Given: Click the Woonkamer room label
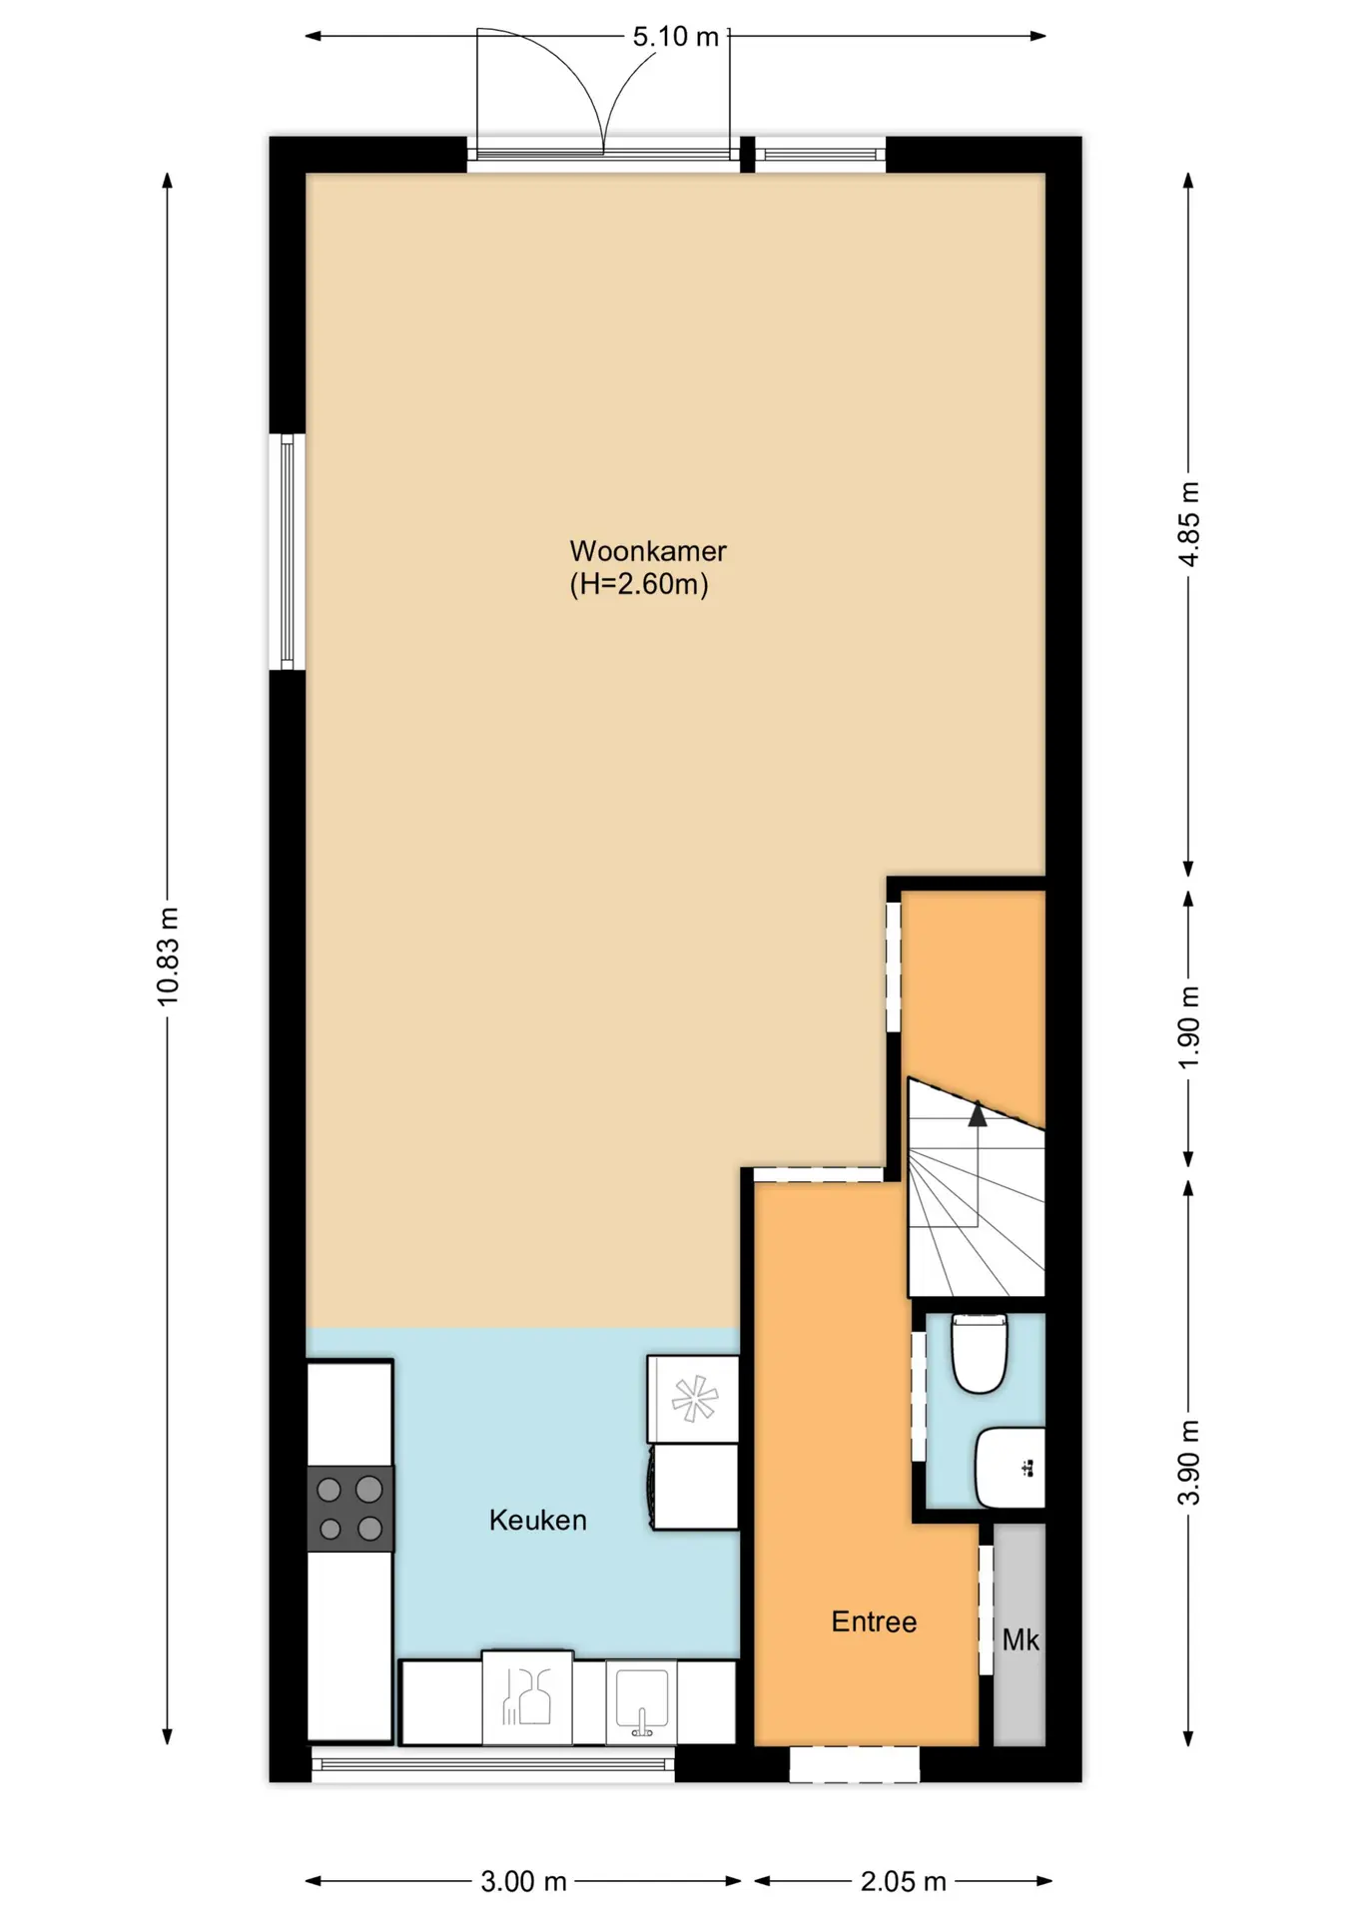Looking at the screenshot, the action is pos(648,550).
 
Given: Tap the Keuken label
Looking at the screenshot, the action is pos(537,1520).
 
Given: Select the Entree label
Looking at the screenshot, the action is pos(874,1621).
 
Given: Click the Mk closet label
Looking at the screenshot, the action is pos(1020,1639).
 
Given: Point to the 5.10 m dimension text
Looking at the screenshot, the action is pos(676,37).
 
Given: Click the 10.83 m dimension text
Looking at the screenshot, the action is pos(168,956).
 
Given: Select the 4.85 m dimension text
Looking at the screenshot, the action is pos(1189,524).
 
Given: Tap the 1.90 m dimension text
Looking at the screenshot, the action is pos(1189,1027).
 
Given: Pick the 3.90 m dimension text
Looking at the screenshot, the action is pos(1189,1463).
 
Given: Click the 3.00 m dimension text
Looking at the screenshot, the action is pos(523,1882).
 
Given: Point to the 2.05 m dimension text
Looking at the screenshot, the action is pos(904,1882).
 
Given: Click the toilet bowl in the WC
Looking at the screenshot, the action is pos(979,1353).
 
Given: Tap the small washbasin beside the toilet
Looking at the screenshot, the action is pos(1010,1468).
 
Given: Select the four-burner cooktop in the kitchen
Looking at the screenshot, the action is pos(349,1509).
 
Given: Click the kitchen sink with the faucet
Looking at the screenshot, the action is pos(641,1701).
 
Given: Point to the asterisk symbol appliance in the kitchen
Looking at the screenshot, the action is pos(694,1399).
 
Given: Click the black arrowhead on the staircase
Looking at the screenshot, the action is pos(978,1114).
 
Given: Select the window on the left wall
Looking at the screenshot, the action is pos(288,552).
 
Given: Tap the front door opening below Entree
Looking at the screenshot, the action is pos(854,1764).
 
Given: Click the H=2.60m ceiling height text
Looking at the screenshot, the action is pos(639,584).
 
